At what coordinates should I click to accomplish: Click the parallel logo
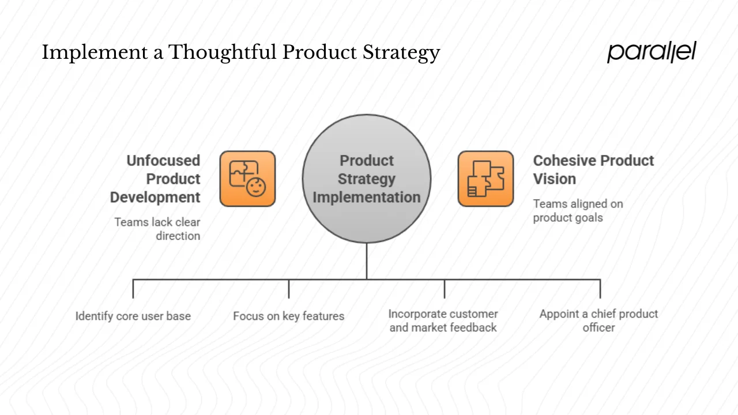point(652,52)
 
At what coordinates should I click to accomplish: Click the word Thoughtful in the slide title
point(222,52)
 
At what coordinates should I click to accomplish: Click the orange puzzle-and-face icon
point(247,179)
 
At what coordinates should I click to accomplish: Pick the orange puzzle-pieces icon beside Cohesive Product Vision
point(485,179)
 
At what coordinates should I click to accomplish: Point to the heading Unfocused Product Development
point(156,179)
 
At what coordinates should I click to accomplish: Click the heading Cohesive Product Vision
point(593,169)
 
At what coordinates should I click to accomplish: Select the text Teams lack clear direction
point(157,229)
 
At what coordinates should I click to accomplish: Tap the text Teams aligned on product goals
point(578,210)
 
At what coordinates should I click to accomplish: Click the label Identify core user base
point(133,316)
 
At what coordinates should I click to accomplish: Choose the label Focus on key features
point(289,316)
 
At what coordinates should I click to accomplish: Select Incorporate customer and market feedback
point(443,320)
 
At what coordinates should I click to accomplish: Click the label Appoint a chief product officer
point(598,320)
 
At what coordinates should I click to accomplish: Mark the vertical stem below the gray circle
point(367,261)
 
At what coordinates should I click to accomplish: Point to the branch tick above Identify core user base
point(133,289)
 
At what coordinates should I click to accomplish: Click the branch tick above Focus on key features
point(289,289)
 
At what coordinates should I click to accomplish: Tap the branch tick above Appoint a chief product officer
point(600,289)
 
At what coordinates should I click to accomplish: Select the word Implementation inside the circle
point(367,197)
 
